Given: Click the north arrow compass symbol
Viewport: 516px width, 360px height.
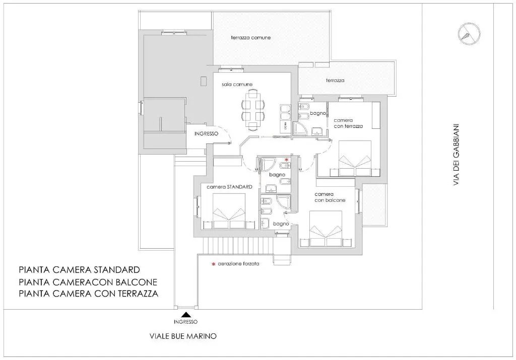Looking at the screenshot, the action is [469, 34].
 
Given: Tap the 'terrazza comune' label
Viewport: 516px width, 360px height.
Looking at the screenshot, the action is [251, 37].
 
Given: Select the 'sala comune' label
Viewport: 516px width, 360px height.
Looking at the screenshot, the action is [237, 85].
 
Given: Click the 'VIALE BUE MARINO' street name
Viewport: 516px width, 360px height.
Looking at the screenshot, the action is [183, 336].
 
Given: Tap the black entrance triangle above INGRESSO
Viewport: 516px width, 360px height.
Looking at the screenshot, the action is [186, 314].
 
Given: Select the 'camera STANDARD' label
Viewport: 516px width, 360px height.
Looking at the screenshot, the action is [229, 187].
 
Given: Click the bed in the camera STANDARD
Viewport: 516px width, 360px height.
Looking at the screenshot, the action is [229, 211].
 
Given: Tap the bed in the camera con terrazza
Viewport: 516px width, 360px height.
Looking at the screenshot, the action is [355, 158].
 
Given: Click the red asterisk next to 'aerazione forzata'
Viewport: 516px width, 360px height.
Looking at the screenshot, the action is [214, 264].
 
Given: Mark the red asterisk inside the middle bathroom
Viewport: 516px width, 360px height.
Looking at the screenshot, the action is [286, 160].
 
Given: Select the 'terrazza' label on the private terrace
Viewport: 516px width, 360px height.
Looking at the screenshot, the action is [335, 80].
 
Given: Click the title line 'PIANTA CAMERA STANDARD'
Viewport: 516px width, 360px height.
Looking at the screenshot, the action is [79, 270].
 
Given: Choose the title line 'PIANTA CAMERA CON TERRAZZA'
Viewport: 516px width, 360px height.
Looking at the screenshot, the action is [89, 293].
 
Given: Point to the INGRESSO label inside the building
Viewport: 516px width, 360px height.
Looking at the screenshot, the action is [206, 134].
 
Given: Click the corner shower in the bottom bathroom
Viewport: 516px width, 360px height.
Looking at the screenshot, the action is [284, 202].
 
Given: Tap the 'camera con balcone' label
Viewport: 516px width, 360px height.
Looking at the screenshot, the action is [330, 197].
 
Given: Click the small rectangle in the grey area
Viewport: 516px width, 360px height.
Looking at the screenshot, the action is [204, 81].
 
